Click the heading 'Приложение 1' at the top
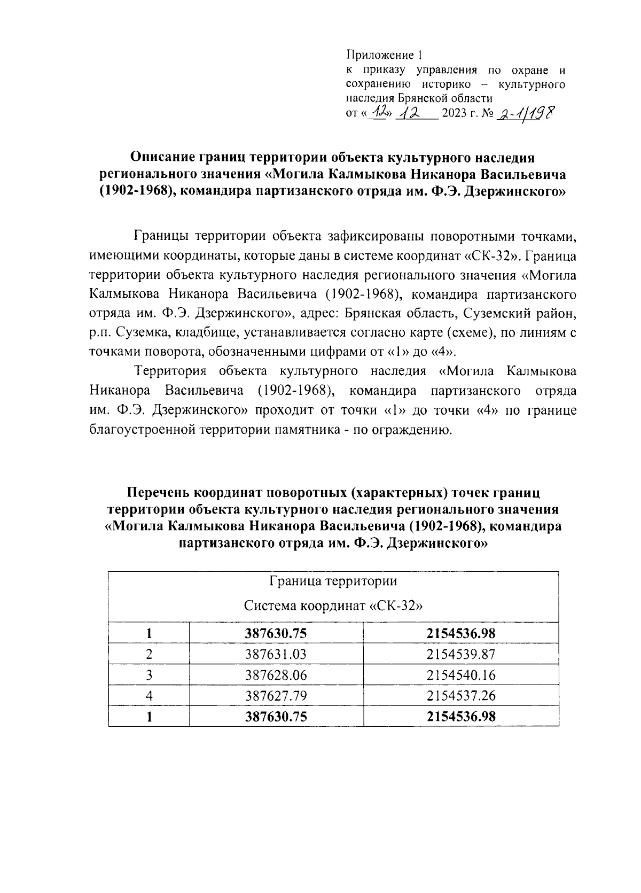[x=384, y=55]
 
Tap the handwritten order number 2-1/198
[x=525, y=113]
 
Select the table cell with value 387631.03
[x=276, y=654]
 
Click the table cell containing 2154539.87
[x=461, y=654]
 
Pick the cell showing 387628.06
[x=276, y=675]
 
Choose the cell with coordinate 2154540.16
[x=461, y=675]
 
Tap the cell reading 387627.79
[x=276, y=696]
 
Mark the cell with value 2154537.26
[x=461, y=696]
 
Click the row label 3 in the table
[x=149, y=675]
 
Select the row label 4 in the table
[x=149, y=696]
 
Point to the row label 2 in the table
[x=149, y=654]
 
